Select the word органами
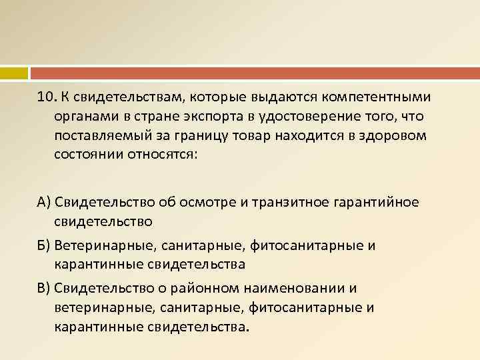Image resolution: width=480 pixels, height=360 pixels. pyautogui.click(x=84, y=117)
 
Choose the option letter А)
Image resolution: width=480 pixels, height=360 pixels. pyautogui.click(x=44, y=202)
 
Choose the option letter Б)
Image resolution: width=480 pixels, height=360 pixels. pyautogui.click(x=44, y=245)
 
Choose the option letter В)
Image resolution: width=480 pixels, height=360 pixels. pyautogui.click(x=44, y=289)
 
